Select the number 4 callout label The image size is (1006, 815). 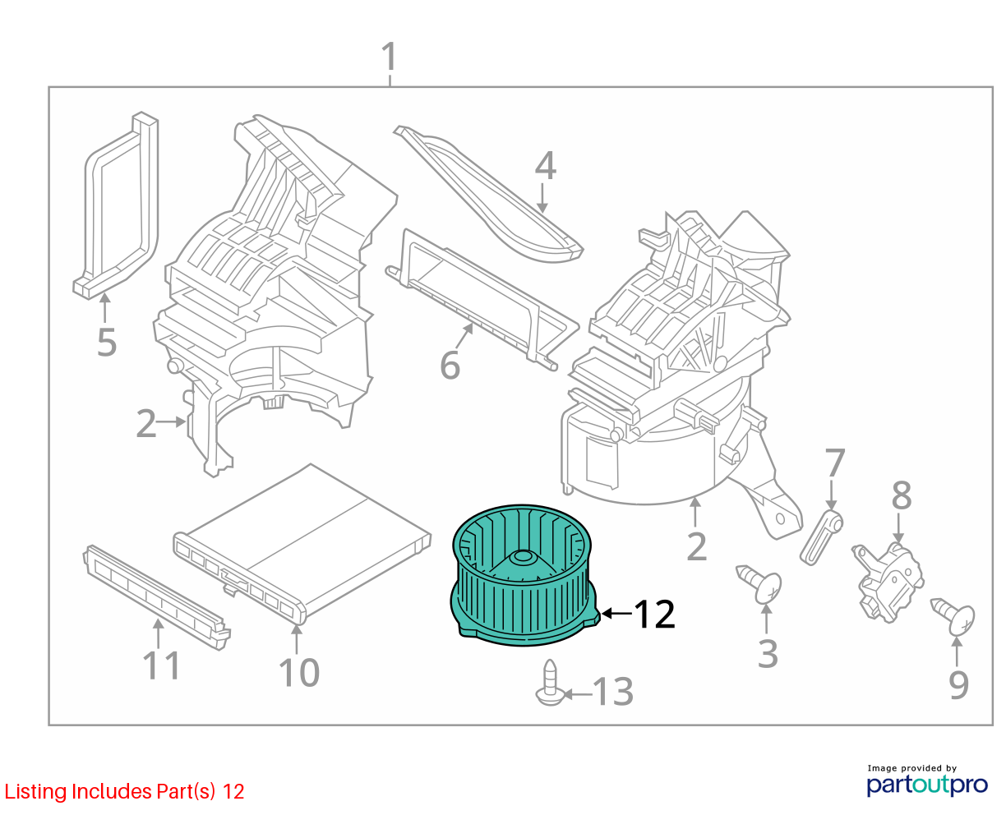tap(545, 166)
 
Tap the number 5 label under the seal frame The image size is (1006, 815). tap(106, 343)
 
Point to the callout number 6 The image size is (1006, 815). tap(449, 365)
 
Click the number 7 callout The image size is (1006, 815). tap(834, 463)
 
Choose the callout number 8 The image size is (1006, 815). tap(901, 495)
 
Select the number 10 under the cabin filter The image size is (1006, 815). tap(298, 672)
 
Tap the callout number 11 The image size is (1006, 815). tap(161, 665)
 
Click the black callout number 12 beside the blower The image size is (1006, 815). tap(654, 614)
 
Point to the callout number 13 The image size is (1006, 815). tap(612, 692)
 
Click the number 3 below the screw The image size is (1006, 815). tap(768, 654)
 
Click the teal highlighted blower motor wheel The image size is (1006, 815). tap(524, 575)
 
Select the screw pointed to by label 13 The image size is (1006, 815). tap(550, 683)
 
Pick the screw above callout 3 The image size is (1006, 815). tap(759, 583)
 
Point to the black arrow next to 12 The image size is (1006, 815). tap(616, 614)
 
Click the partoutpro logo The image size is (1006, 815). tap(926, 785)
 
